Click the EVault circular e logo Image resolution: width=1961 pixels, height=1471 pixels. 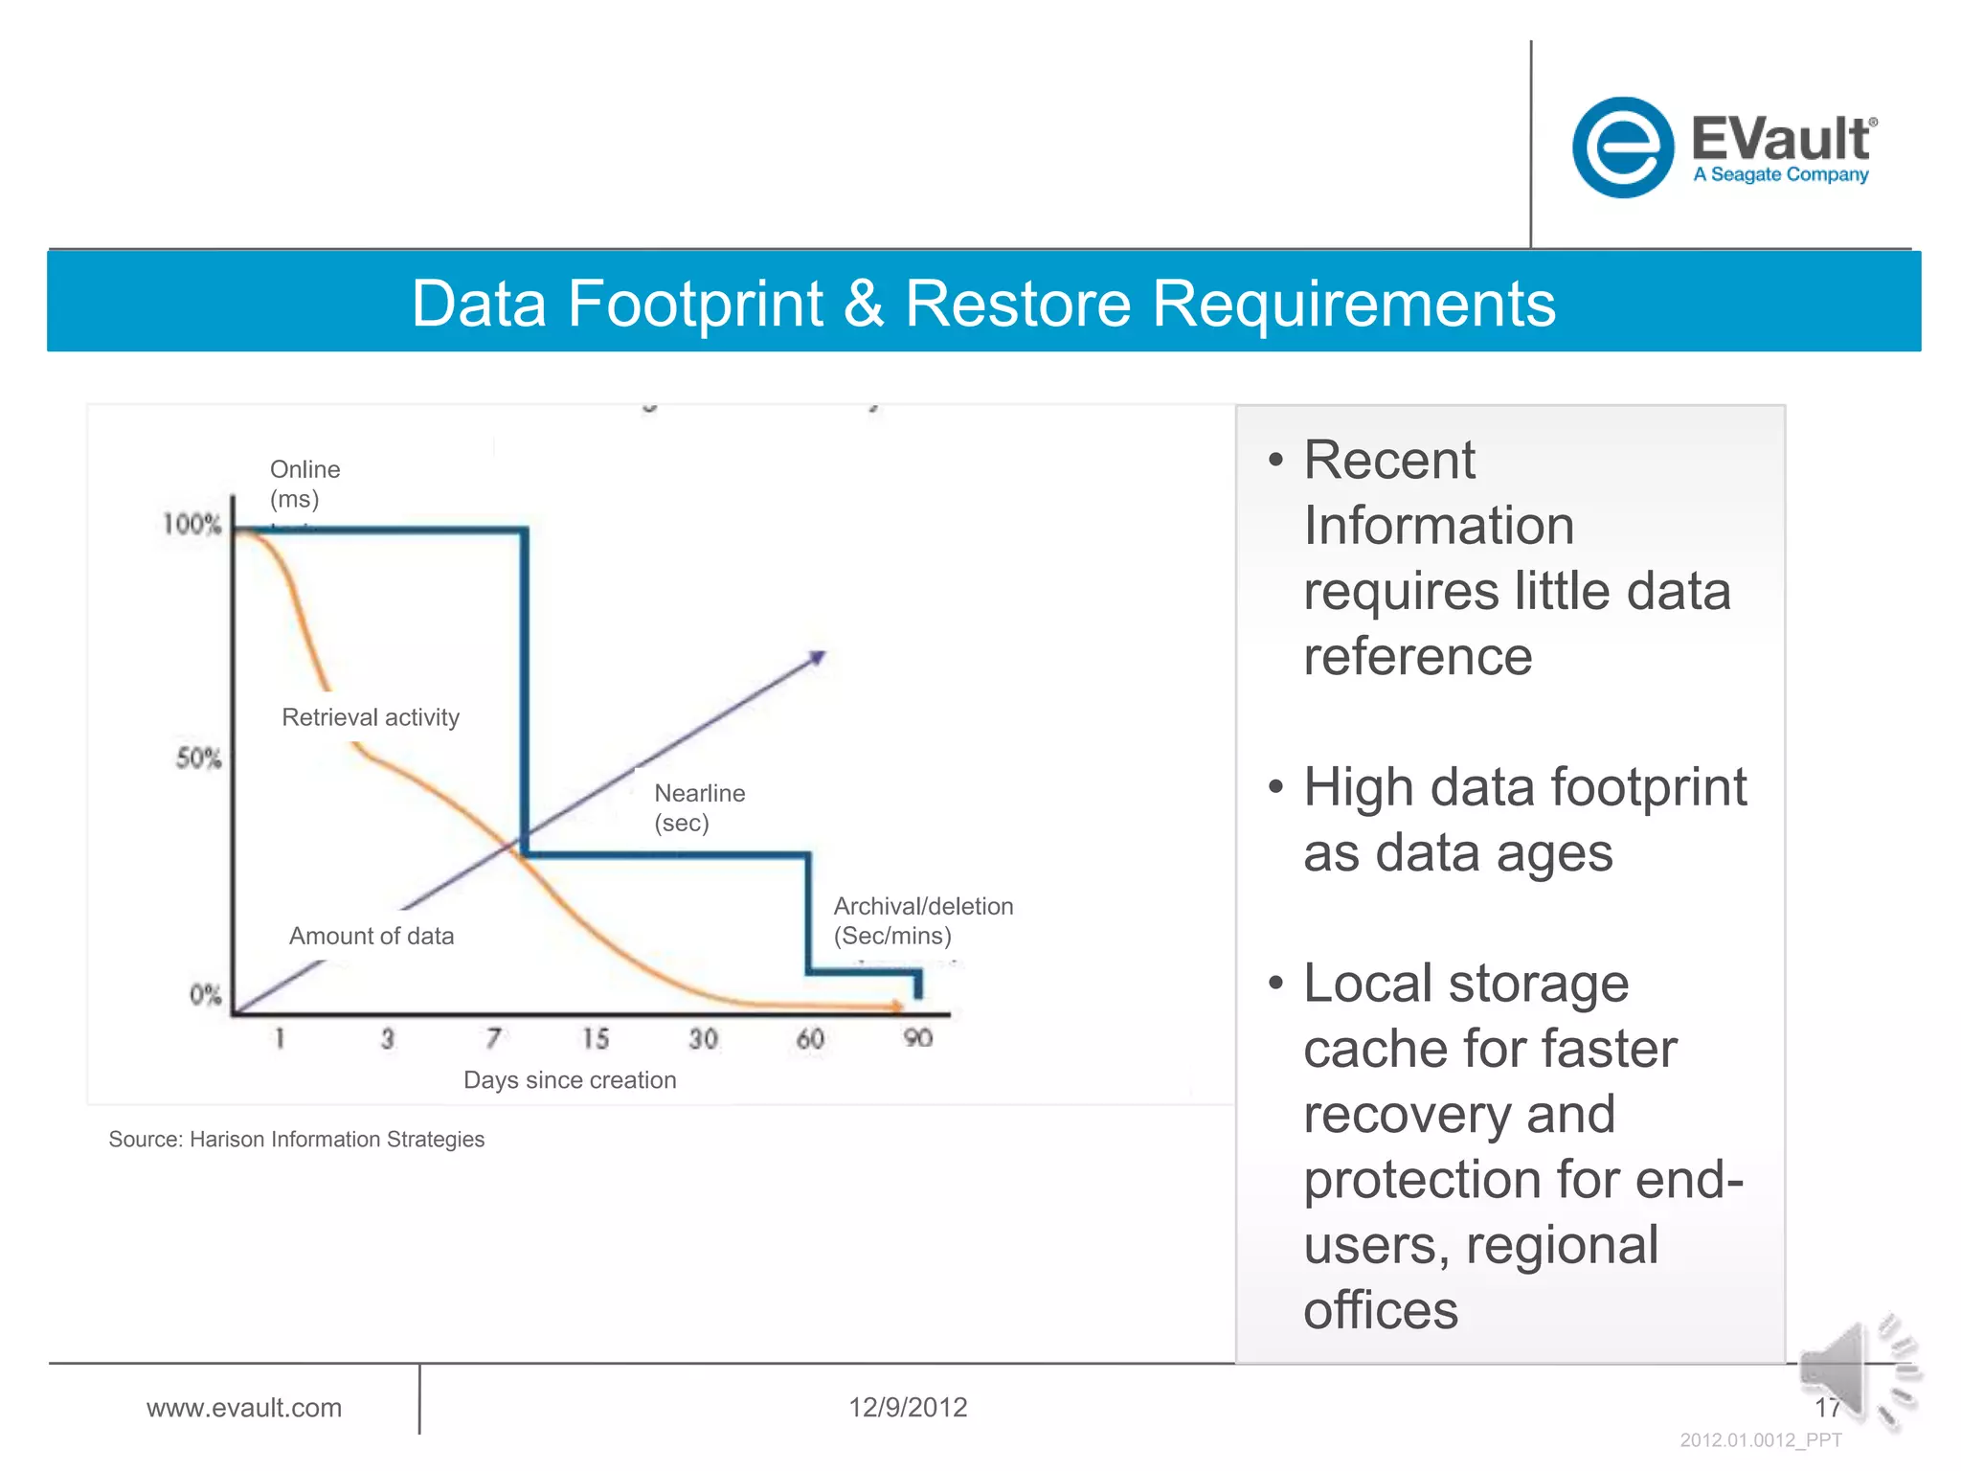coord(1622,147)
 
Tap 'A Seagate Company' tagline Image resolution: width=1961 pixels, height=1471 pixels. coord(1780,174)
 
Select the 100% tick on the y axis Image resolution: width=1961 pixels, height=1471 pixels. coord(192,524)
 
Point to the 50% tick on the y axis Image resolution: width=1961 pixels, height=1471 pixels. coord(198,758)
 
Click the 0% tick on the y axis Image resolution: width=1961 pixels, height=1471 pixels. coord(205,994)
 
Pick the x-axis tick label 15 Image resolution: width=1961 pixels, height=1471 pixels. coord(596,1038)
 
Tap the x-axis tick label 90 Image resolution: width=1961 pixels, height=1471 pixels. coord(917,1038)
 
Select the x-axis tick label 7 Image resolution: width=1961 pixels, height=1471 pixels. coord(493,1038)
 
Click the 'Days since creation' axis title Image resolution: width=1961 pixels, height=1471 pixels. coord(570,1080)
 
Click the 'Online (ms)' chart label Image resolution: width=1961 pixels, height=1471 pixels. coord(304,484)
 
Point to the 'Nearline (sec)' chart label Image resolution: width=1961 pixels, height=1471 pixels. coord(699,807)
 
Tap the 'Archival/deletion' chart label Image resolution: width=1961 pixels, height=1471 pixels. coord(923,906)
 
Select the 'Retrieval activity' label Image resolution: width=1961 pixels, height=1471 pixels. coord(371,717)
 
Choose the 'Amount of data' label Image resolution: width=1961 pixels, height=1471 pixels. coord(372,936)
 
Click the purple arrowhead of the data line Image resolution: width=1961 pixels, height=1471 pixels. coord(817,657)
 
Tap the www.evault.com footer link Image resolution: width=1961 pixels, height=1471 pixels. coord(244,1407)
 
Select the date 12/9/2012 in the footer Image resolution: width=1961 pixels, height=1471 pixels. coord(908,1407)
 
